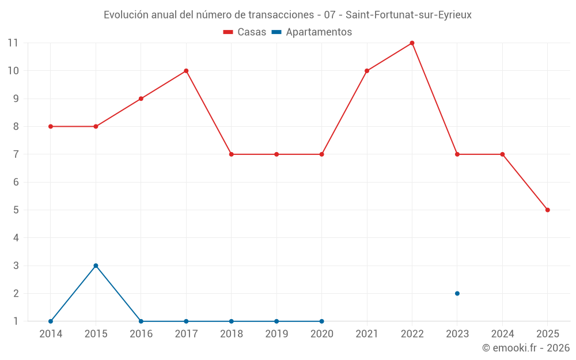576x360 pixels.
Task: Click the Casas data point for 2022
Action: (412, 43)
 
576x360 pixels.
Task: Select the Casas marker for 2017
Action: (186, 71)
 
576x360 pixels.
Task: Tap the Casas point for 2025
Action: (547, 210)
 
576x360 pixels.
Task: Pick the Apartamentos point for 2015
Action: (96, 266)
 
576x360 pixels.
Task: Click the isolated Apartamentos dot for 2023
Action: (457, 293)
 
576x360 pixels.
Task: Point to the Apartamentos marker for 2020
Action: (321, 321)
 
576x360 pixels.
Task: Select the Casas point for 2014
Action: (51, 126)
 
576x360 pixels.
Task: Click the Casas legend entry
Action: (245, 32)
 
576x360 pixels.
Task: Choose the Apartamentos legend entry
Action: (312, 32)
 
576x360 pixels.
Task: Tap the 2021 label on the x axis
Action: (367, 334)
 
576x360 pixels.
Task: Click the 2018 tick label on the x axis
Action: (232, 334)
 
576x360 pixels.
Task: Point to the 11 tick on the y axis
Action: (13, 43)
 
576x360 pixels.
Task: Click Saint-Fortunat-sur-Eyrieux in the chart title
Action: (408, 15)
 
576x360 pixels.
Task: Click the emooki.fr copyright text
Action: (526, 348)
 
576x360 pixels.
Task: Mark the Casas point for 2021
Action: (367, 71)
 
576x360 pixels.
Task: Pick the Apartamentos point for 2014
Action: (51, 321)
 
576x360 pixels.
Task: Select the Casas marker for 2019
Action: (276, 154)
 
